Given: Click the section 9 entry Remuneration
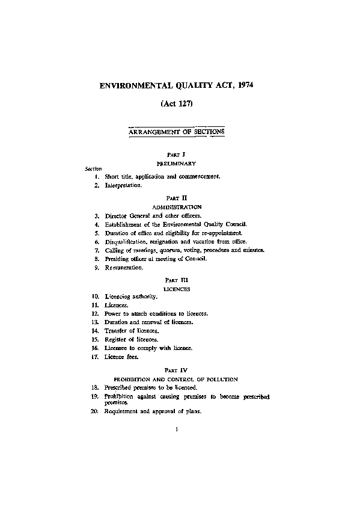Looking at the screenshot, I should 124,267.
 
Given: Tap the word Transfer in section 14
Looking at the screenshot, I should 115,331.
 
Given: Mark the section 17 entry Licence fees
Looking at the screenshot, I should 121,357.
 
